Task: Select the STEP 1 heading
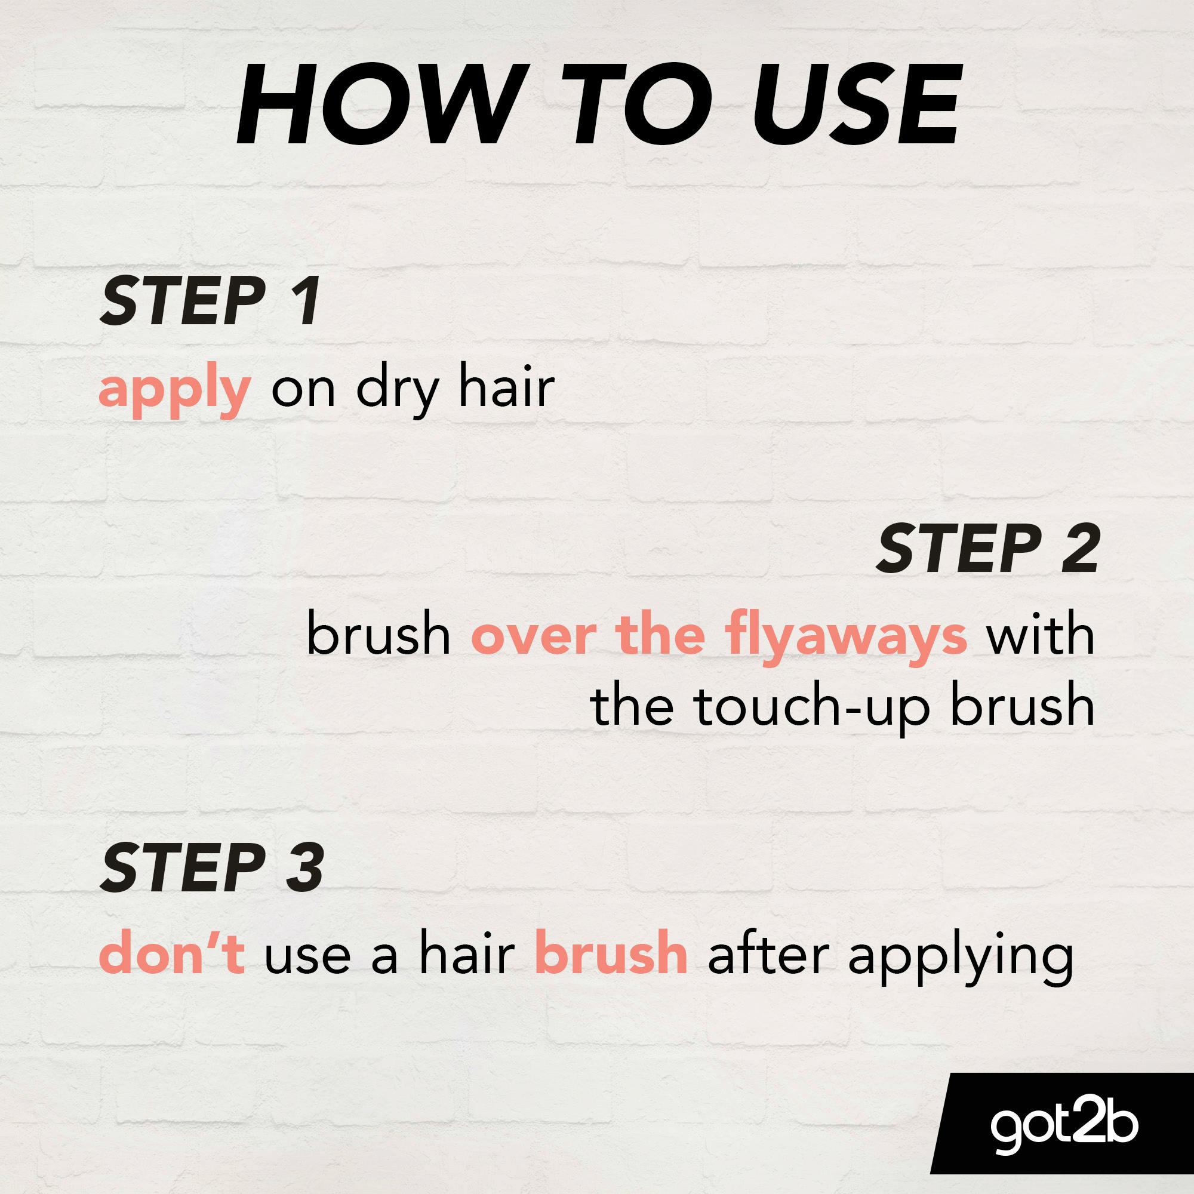[211, 301]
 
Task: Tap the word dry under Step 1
[393, 389]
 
